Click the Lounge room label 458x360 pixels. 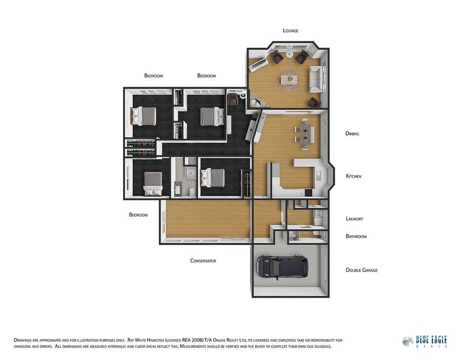tap(291, 31)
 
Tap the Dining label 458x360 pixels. tap(352, 133)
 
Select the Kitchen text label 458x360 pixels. tap(354, 176)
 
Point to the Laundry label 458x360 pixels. tap(354, 218)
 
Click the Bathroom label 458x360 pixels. tap(356, 236)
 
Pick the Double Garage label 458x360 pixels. tap(361, 270)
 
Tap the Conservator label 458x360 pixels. tap(203, 261)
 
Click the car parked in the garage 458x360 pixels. tap(282, 267)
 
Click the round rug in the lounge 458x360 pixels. tap(290, 80)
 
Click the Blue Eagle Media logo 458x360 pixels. tap(424, 341)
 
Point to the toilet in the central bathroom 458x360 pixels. tap(192, 191)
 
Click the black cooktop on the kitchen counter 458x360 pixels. tap(308, 193)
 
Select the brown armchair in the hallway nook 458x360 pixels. tap(233, 99)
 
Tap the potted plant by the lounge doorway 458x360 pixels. tap(256, 115)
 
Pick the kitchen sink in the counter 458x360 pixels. tap(318, 175)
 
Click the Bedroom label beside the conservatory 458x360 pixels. tap(138, 215)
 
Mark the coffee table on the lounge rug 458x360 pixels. tap(290, 79)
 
